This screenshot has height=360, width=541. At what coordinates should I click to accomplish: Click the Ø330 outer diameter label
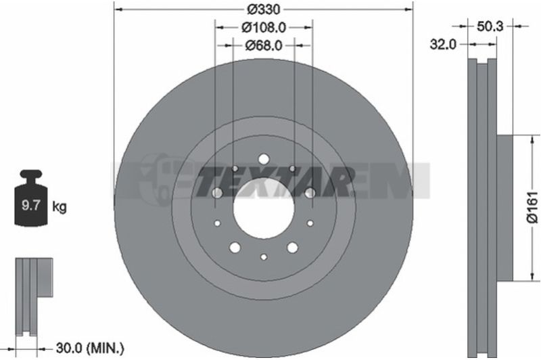[x=264, y=9]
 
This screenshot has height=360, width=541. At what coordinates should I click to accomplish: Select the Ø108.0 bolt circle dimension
[x=264, y=27]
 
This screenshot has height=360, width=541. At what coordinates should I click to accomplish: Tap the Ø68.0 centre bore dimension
[x=264, y=45]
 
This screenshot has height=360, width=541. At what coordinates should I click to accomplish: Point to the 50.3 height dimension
[x=490, y=26]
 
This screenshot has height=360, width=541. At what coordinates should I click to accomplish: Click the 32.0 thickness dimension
[x=443, y=44]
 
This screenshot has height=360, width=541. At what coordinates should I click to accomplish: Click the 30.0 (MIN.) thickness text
[x=90, y=348]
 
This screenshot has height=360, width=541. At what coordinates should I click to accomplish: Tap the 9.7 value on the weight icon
[x=31, y=206]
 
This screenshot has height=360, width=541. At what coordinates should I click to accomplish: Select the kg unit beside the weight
[x=60, y=207]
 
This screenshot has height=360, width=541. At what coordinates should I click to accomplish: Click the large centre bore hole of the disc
[x=264, y=208]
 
